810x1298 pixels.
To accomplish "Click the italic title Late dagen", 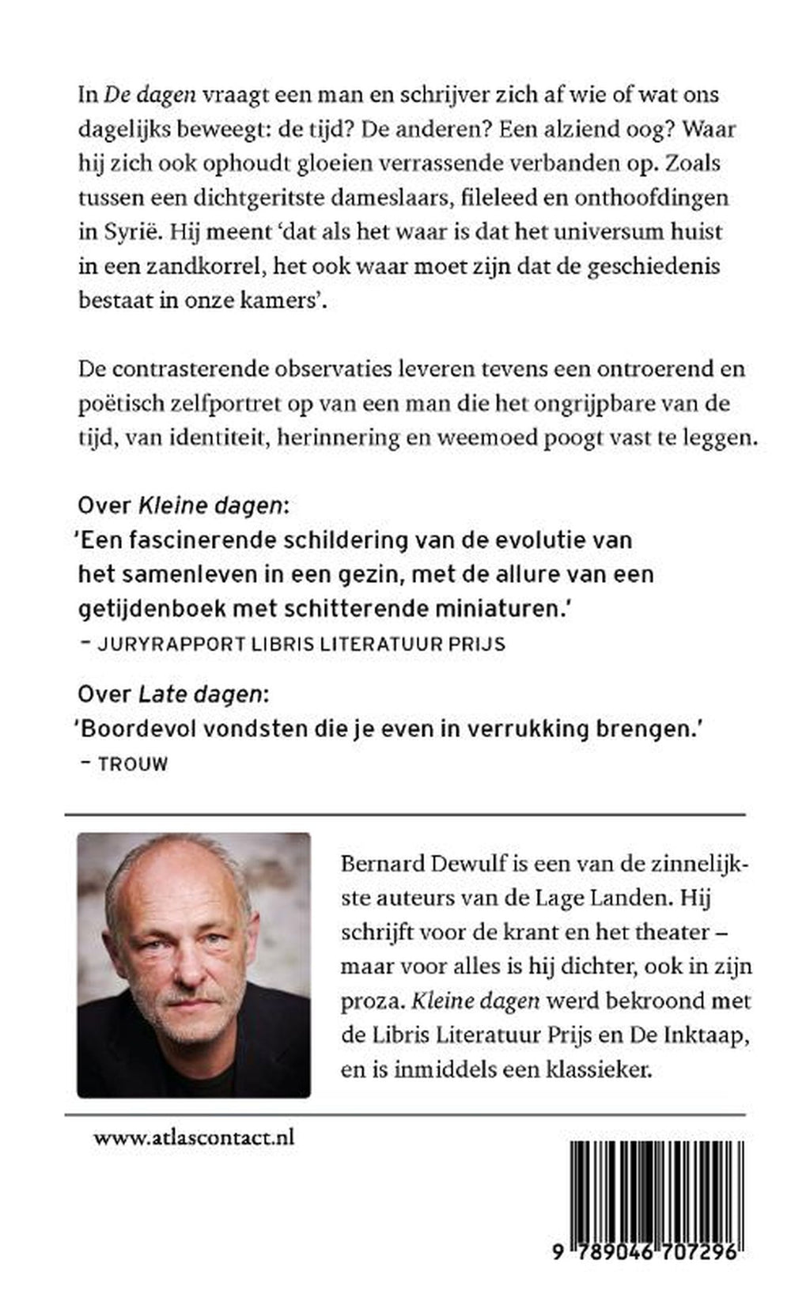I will tap(200, 695).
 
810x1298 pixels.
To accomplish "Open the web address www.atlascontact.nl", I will tap(194, 1138).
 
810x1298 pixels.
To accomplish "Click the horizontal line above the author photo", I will tap(404, 814).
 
